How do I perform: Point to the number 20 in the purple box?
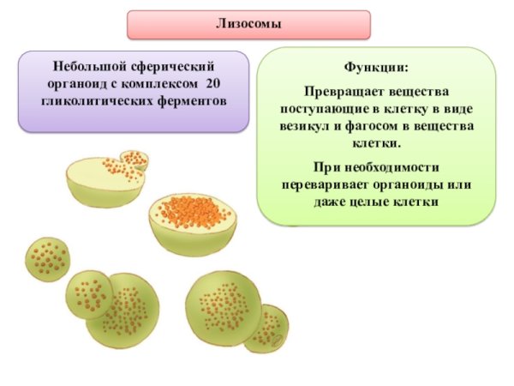(x=214, y=84)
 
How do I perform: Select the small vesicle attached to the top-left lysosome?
(x=133, y=160)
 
